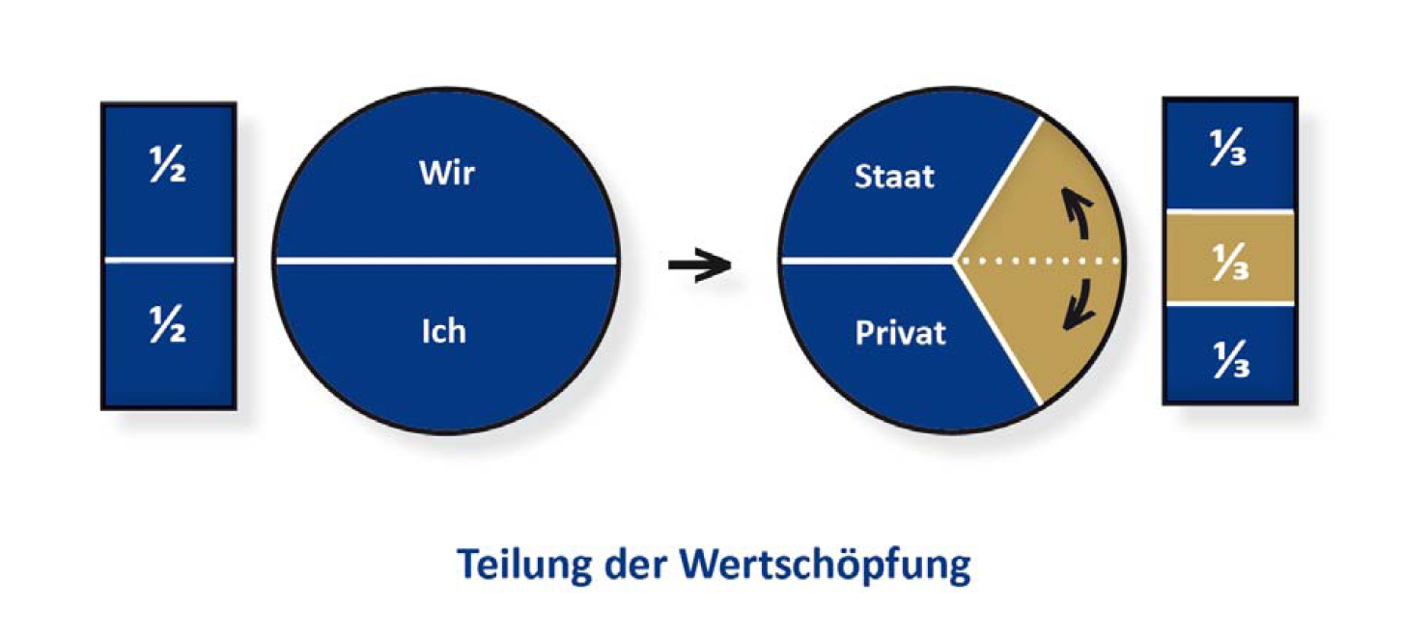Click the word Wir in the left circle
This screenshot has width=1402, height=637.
point(447,175)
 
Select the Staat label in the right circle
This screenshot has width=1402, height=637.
point(895,177)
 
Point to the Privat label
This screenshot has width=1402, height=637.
point(900,333)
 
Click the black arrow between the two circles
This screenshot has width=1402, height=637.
point(699,265)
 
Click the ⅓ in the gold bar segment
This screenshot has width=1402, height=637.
point(1229,260)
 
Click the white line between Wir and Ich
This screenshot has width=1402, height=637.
point(445,261)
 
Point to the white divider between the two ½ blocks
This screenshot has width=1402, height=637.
point(169,261)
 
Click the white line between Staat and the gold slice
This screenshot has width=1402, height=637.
point(996,189)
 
